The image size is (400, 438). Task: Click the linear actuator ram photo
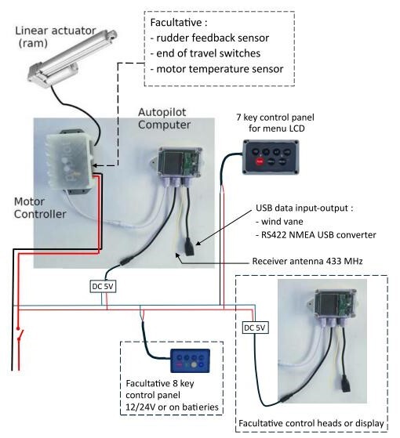tap(73, 57)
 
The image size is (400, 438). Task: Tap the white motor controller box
tap(70, 161)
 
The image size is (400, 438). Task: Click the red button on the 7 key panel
tap(260, 161)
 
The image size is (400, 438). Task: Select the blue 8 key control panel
tap(191, 360)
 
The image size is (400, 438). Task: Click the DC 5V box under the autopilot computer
tap(103, 286)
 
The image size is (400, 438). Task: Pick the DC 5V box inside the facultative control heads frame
tap(255, 328)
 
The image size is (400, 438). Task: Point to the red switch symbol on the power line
tap(20, 334)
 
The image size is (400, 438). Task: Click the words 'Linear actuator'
tap(56, 31)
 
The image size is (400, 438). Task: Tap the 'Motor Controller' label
tap(40, 208)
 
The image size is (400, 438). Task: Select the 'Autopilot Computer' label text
tap(165, 118)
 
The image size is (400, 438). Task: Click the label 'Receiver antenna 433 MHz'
tap(307, 261)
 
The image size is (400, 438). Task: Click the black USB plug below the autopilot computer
tap(189, 247)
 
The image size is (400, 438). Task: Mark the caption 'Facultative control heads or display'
tap(311, 423)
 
